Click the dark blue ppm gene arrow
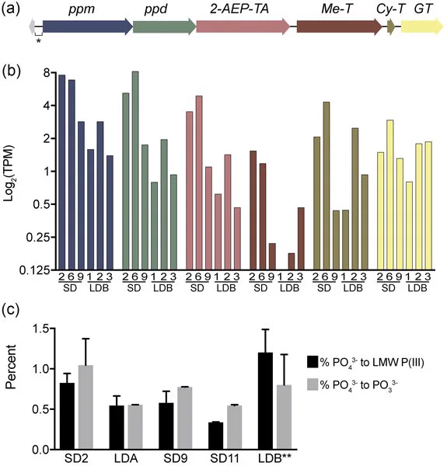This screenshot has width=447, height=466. pyautogui.click(x=88, y=26)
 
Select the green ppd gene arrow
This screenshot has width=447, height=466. pyautogui.click(x=165, y=26)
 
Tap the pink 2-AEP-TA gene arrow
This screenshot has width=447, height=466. pyautogui.click(x=243, y=26)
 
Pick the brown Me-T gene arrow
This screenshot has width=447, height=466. pyautogui.click(x=340, y=26)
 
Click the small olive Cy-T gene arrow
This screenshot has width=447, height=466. pyautogui.click(x=391, y=26)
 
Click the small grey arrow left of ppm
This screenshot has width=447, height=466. pyautogui.click(x=32, y=26)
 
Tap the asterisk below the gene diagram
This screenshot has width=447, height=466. pyautogui.click(x=38, y=41)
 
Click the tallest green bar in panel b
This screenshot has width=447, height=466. pyautogui.click(x=135, y=171)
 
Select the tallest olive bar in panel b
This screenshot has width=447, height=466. pyautogui.click(x=327, y=186)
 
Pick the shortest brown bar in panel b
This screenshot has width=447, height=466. pyautogui.click(x=292, y=262)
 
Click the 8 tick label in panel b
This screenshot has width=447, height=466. pyautogui.click(x=47, y=73)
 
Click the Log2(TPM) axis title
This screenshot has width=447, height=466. pyautogui.click(x=9, y=173)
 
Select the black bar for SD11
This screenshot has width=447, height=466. pyautogui.click(x=215, y=436)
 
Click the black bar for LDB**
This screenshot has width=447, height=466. pyautogui.click(x=265, y=401)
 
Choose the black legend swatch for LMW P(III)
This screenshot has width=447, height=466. pyautogui.click(x=313, y=362)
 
